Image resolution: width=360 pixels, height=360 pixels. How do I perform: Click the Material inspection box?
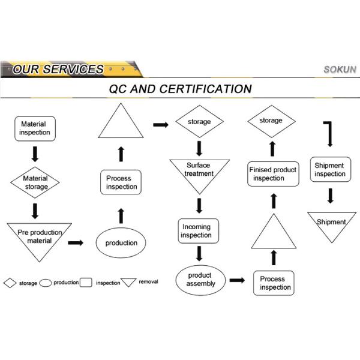(x=35, y=128)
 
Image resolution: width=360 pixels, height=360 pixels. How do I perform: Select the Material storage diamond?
(x=35, y=182)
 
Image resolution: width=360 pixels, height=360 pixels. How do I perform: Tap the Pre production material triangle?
(x=39, y=239)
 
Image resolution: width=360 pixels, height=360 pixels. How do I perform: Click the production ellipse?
(x=121, y=242)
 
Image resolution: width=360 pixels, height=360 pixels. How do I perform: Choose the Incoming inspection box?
(x=199, y=231)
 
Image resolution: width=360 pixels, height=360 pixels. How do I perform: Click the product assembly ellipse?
(x=200, y=280)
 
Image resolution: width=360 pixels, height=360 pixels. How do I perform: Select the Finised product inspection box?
(x=273, y=174)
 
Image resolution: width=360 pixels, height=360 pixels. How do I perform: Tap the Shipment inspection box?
(x=331, y=169)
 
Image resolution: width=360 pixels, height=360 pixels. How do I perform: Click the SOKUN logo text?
(x=340, y=70)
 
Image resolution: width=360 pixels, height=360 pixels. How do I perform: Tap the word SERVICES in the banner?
(x=73, y=69)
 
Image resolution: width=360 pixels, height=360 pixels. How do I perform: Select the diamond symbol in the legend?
(x=10, y=283)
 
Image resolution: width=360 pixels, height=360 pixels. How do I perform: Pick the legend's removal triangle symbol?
(x=128, y=283)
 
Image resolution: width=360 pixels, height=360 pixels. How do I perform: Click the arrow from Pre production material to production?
(x=76, y=242)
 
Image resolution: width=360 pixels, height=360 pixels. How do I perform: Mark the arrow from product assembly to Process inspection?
(x=237, y=280)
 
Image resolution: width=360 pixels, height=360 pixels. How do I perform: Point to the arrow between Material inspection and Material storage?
(x=35, y=154)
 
